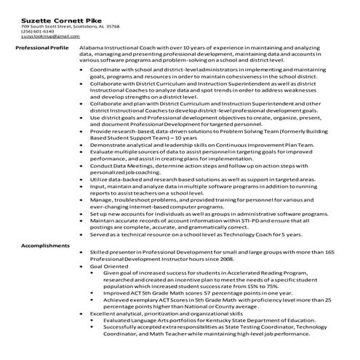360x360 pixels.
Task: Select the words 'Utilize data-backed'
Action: tap(113, 178)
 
